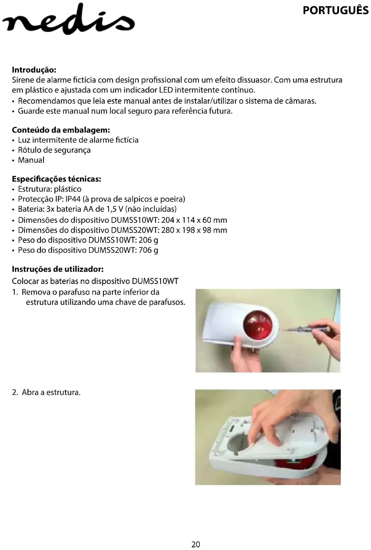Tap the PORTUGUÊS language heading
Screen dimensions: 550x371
click(x=335, y=10)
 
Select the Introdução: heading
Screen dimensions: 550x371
click(x=34, y=70)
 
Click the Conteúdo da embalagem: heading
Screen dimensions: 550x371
click(x=61, y=130)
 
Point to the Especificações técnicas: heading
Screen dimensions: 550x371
click(x=57, y=179)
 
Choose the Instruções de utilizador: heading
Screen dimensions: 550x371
click(x=58, y=269)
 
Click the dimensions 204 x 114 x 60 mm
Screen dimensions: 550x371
click(x=194, y=220)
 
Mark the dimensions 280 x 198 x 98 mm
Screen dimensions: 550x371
click(x=194, y=230)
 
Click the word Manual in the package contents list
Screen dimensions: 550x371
click(x=31, y=160)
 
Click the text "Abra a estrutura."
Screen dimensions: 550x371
click(x=51, y=392)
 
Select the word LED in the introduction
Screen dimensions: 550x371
click(x=166, y=90)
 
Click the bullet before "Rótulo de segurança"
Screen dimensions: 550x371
click(x=14, y=150)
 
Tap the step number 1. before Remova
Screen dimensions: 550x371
click(x=16, y=292)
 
